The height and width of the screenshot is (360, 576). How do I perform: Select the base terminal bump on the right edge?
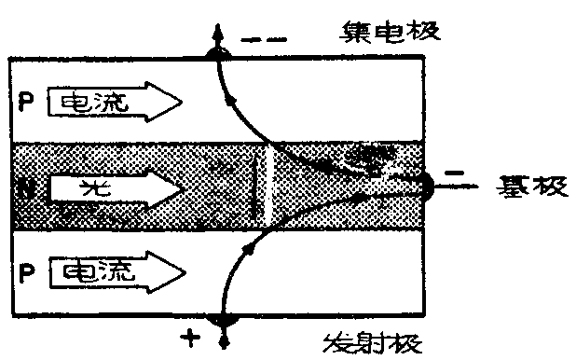[x=427, y=187]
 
